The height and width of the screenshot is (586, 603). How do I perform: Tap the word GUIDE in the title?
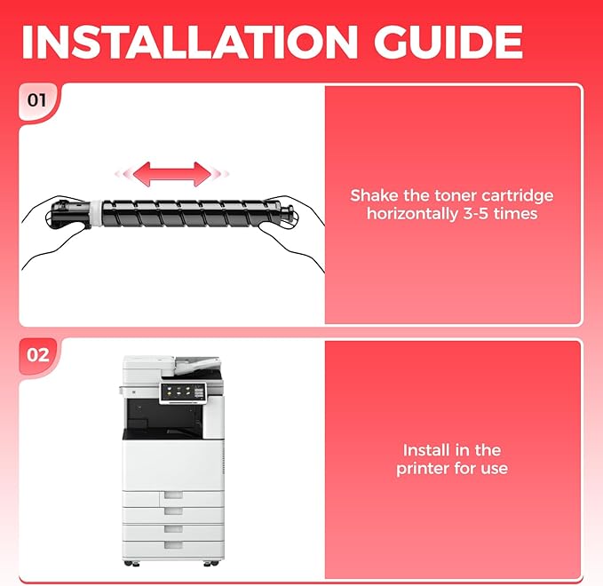pyautogui.click(x=448, y=42)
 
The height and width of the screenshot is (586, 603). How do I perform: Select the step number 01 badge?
pyautogui.click(x=37, y=100)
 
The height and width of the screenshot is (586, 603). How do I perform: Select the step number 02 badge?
pyautogui.click(x=37, y=354)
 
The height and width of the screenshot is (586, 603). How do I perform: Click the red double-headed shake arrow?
pyautogui.click(x=172, y=174)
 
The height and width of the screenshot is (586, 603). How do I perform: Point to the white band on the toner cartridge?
pyautogui.click(x=97, y=213)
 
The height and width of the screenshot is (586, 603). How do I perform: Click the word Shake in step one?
pyautogui.click(x=374, y=195)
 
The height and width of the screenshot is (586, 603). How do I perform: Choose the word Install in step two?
pyautogui.click(x=424, y=450)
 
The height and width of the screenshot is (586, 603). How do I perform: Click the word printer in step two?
pyautogui.click(x=423, y=469)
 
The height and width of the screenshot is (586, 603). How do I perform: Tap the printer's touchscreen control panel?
pyautogui.click(x=183, y=392)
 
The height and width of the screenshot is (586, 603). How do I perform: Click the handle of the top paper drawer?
pyautogui.click(x=173, y=495)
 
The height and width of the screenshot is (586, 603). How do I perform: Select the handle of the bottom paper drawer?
pyautogui.click(x=173, y=544)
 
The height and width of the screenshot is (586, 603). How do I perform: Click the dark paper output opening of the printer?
pyautogui.click(x=164, y=418)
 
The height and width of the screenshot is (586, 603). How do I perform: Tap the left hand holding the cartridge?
pyautogui.click(x=54, y=232)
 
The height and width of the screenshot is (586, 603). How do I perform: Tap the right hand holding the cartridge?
pyautogui.click(x=293, y=232)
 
